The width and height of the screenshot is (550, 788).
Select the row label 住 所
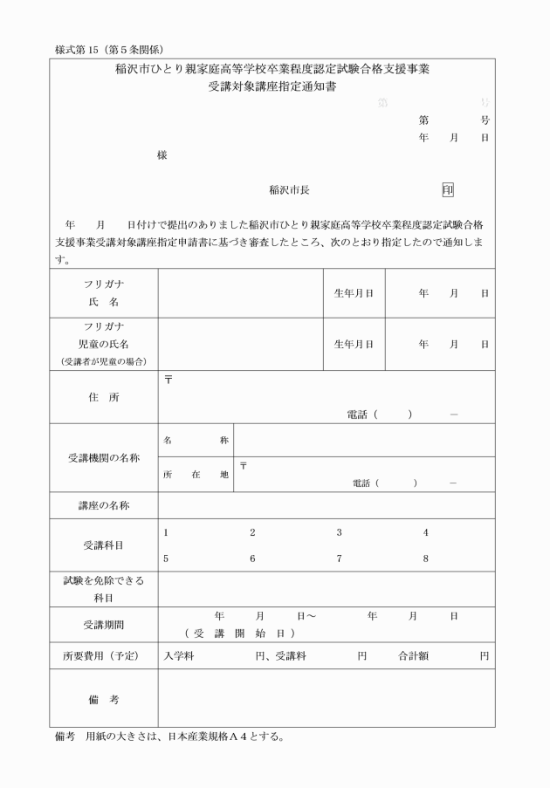click(x=103, y=397)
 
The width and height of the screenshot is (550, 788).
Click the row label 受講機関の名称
click(x=103, y=458)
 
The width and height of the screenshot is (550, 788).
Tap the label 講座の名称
click(x=103, y=505)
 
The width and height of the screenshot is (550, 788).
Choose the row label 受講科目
click(x=103, y=545)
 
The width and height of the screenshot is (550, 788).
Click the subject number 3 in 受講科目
click(x=340, y=532)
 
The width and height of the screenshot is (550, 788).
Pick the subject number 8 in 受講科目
click(x=426, y=558)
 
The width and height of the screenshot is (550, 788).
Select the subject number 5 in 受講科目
click(x=165, y=558)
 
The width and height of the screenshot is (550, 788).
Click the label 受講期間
click(x=103, y=624)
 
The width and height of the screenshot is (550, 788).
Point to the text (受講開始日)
click(x=238, y=633)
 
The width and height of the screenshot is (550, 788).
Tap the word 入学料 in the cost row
click(x=179, y=656)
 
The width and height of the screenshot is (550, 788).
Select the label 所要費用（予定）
click(x=103, y=656)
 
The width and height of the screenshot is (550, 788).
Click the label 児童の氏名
click(x=103, y=344)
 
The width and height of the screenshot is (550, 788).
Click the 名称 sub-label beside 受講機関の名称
click(x=196, y=440)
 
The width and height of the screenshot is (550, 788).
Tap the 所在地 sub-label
click(x=196, y=475)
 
